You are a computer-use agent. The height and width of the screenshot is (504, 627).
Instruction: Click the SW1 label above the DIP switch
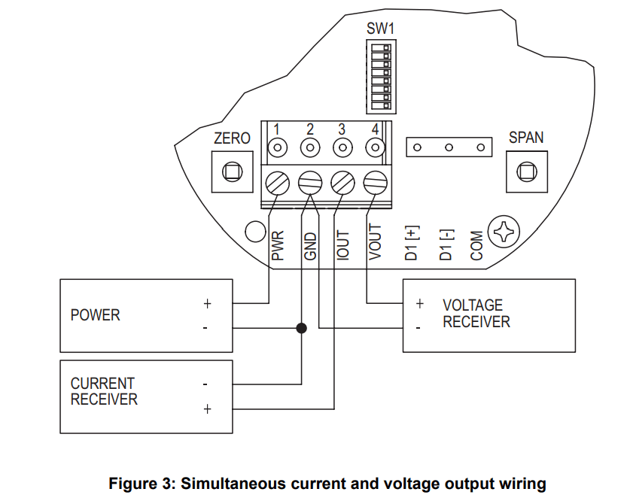pos(380,29)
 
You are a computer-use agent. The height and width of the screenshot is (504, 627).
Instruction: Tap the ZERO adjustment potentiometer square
pos(232,171)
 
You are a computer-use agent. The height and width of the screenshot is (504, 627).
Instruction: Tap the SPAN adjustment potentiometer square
pos(526,171)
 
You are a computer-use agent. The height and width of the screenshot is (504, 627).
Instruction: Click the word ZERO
pos(232,138)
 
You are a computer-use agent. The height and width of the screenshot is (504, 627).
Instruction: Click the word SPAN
pos(526,138)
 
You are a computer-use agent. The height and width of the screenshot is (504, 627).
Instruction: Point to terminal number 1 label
pos(278,129)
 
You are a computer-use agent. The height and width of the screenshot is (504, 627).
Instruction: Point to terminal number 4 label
pos(375,129)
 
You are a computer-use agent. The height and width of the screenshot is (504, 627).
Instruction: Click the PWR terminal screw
pos(278,181)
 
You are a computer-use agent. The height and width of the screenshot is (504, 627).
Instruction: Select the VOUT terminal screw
pos(375,181)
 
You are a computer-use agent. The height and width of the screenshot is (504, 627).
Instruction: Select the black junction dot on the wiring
pos(302,328)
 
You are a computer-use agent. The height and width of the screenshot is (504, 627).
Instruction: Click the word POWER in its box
pos(96,315)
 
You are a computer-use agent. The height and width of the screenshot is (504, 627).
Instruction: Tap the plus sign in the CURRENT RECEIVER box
pos(207,408)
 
